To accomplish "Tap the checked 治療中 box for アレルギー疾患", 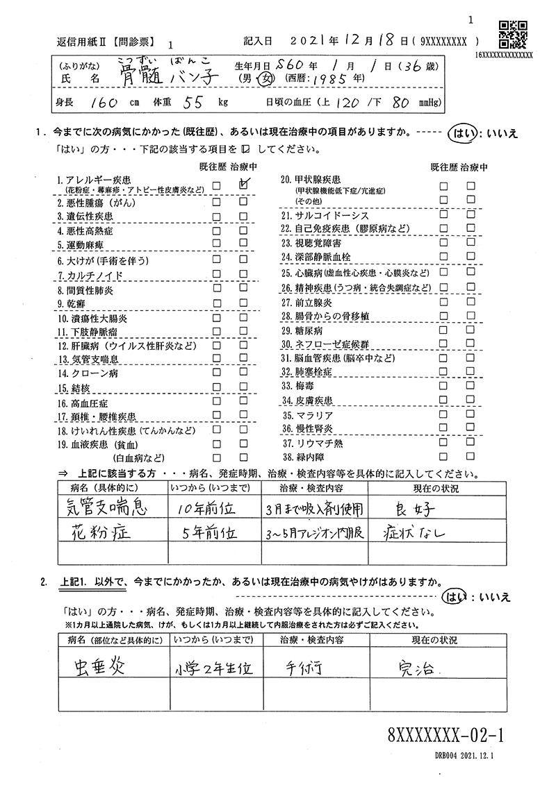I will point(243,185).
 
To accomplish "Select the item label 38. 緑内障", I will point(306,457).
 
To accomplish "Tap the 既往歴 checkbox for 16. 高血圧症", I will point(217,403).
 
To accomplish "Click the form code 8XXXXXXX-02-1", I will point(446,733).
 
